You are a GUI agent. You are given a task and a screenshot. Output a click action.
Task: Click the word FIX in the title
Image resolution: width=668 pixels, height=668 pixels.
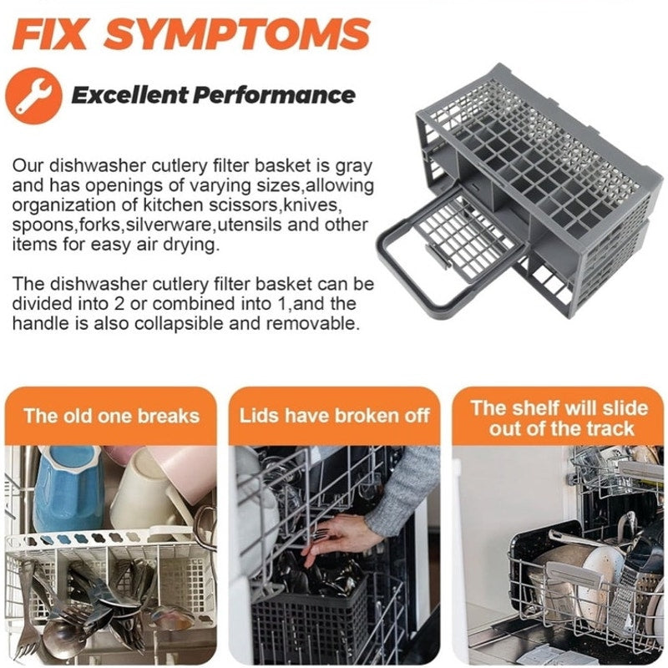coord(49,34)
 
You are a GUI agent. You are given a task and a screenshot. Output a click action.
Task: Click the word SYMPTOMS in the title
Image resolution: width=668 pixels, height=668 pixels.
coord(237,34)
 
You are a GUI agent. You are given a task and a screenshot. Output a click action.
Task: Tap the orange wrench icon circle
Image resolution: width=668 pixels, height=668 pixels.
coord(33,96)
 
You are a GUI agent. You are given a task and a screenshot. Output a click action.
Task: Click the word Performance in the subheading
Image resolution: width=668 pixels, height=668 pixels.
coord(274,94)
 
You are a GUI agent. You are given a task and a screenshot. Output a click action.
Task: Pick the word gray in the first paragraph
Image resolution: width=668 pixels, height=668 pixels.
coord(353,166)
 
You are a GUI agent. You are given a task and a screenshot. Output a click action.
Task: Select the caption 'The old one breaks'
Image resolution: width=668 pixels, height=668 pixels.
coord(112,416)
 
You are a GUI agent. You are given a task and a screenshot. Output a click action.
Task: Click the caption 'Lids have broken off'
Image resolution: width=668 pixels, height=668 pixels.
coord(335,416)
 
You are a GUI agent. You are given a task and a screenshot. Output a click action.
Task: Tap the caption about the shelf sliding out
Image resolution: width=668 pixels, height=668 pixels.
coord(559,418)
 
